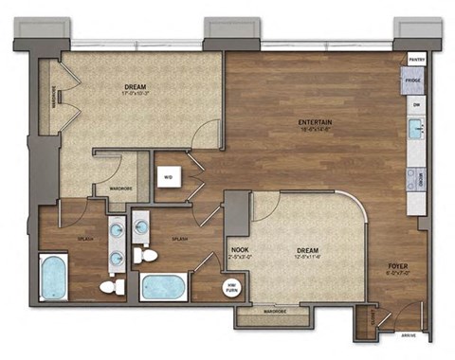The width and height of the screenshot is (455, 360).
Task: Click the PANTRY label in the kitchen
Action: point(415,59)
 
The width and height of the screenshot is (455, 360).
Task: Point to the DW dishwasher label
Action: point(415,106)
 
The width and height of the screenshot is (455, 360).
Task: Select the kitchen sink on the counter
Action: point(415,128)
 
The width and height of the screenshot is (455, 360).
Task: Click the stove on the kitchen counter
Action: point(415,177)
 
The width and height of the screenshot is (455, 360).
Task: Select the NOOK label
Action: point(240,249)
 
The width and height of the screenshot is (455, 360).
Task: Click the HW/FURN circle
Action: point(228,287)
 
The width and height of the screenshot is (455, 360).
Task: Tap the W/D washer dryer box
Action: point(167,178)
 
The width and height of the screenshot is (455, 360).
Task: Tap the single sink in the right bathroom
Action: point(141,225)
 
